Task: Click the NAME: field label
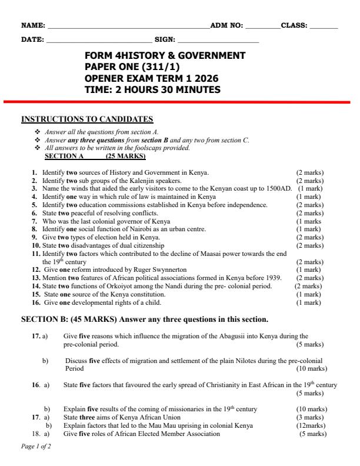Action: (x=33, y=25)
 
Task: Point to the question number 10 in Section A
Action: (x=36, y=245)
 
